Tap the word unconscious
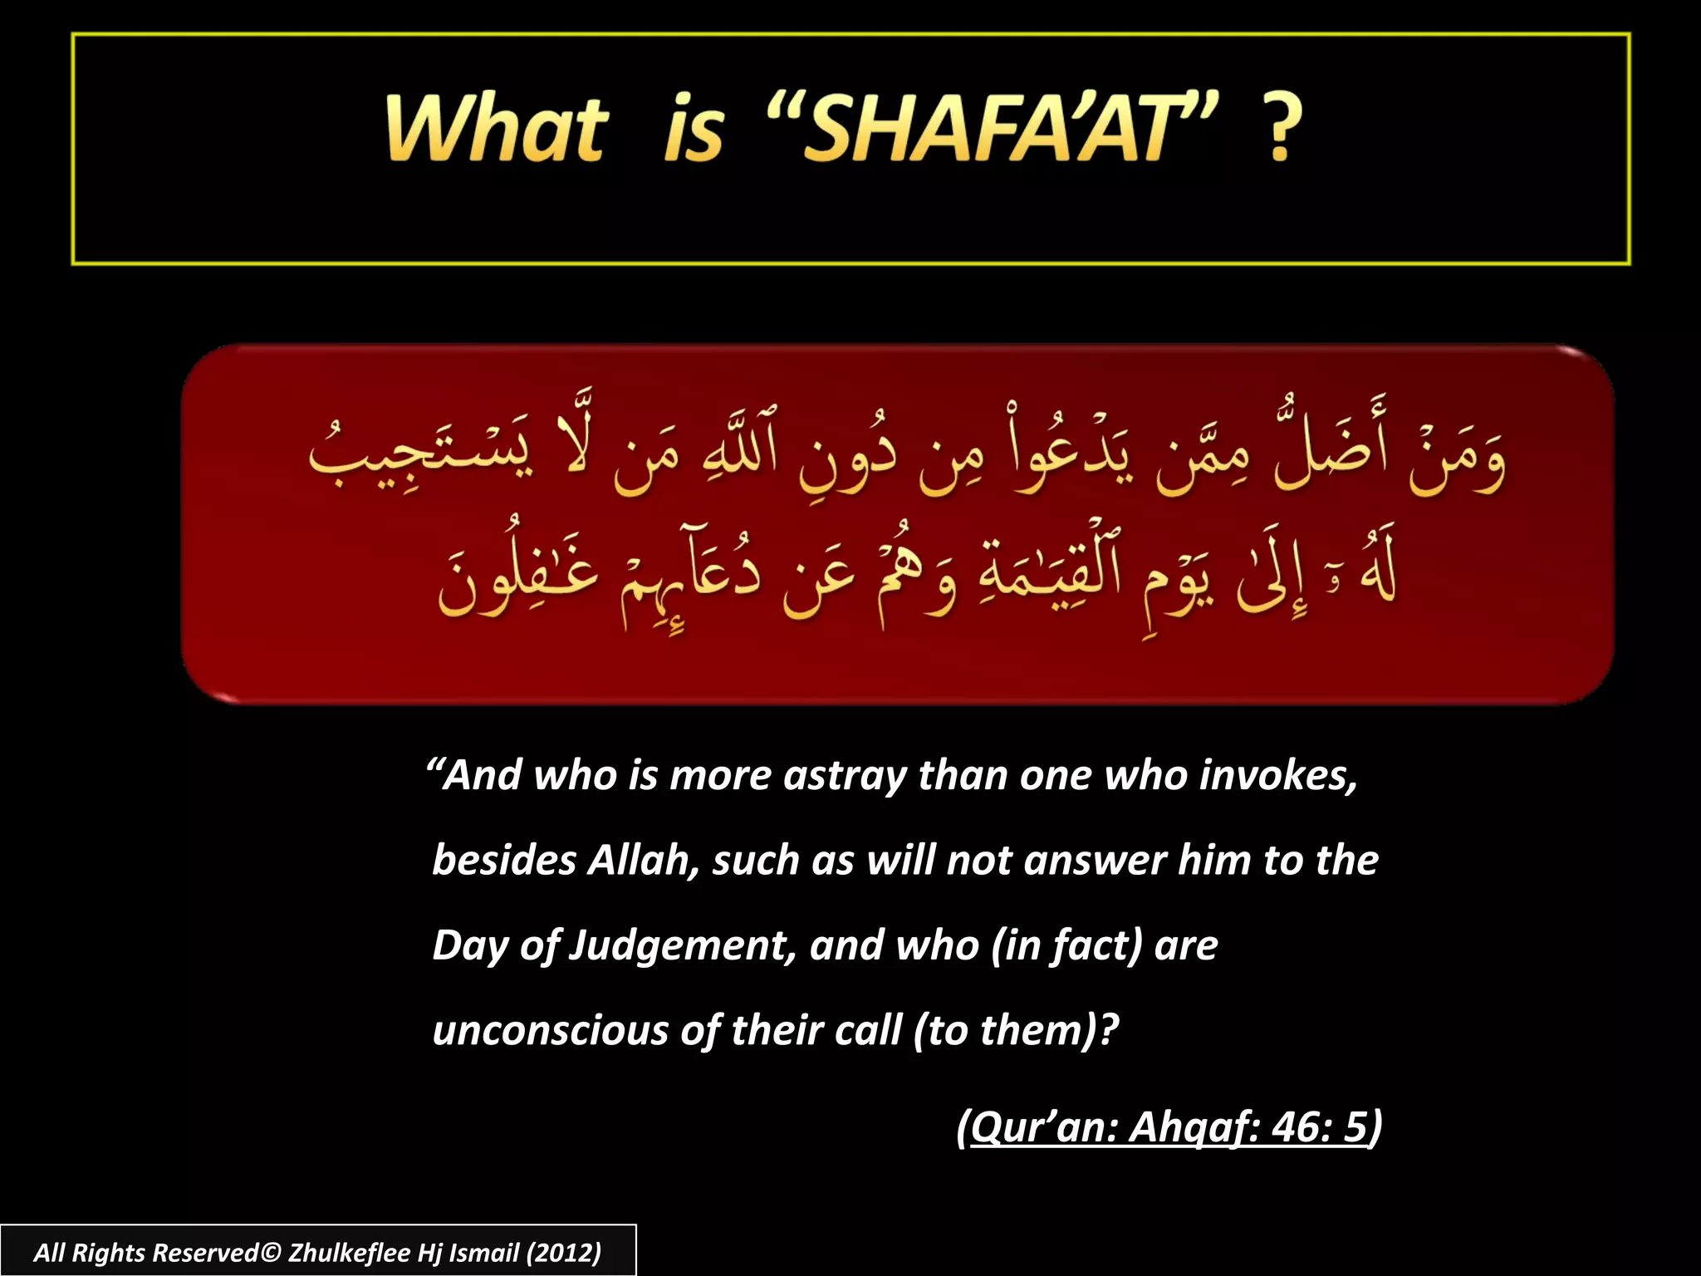pos(550,1031)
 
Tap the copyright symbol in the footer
pos(271,1252)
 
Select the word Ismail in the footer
pos(483,1252)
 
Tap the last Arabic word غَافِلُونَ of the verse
pos(519,573)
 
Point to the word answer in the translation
pos(1094,860)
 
